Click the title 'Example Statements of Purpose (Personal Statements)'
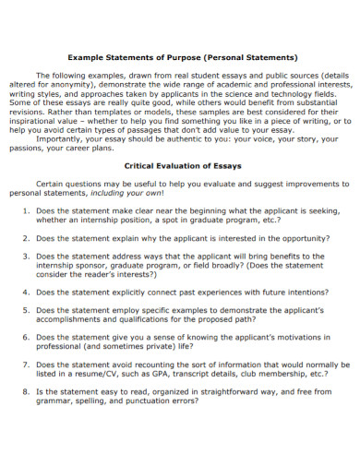click(x=181, y=57)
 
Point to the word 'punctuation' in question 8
click(x=150, y=400)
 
